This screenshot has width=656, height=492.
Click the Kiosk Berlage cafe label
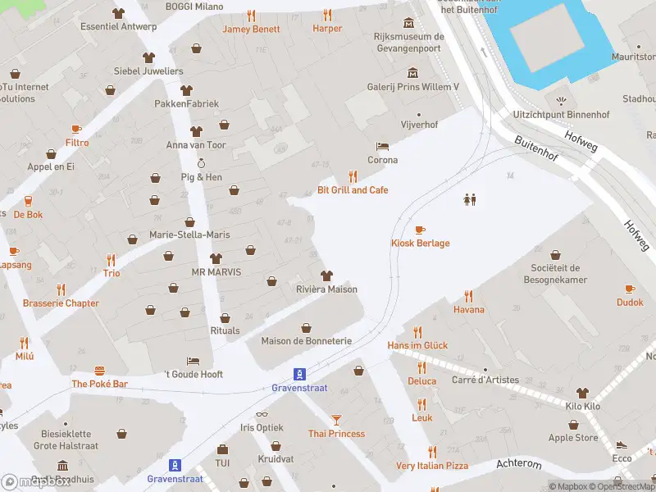pyautogui.click(x=419, y=243)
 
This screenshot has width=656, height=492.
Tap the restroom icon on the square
pyautogui.click(x=470, y=198)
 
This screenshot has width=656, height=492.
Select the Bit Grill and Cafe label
pyautogui.click(x=353, y=190)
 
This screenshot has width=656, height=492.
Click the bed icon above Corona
pyautogui.click(x=382, y=146)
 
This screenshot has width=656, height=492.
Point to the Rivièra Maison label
pyautogui.click(x=326, y=289)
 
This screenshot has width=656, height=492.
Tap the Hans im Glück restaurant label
pyautogui.click(x=417, y=345)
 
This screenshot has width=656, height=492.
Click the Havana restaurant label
pyautogui.click(x=468, y=309)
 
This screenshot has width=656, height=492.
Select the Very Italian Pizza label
pyautogui.click(x=432, y=466)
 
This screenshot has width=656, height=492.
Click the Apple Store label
pyautogui.click(x=572, y=438)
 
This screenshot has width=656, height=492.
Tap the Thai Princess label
pyautogui.click(x=336, y=433)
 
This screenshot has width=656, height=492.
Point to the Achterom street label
pyautogui.click(x=518, y=464)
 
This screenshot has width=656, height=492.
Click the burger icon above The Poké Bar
pyautogui.click(x=100, y=371)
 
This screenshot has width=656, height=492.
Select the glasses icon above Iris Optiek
pyautogui.click(x=262, y=414)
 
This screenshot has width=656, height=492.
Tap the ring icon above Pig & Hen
pyautogui.click(x=201, y=163)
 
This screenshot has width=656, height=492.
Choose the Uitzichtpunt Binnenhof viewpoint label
pyautogui.click(x=561, y=114)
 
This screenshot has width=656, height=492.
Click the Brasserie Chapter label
pyautogui.click(x=61, y=303)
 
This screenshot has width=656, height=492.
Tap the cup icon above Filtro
pyautogui.click(x=76, y=129)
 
